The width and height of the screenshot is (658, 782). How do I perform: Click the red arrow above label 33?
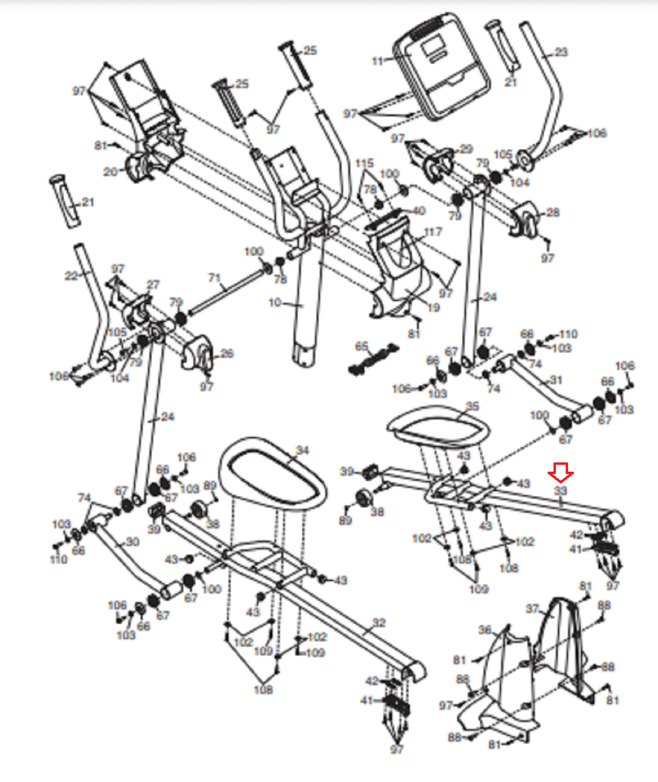[x=560, y=472]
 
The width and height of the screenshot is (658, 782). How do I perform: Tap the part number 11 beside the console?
[x=378, y=61]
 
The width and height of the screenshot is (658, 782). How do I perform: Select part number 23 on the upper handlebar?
[x=561, y=52]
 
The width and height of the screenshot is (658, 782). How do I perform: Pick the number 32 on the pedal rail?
[x=379, y=623]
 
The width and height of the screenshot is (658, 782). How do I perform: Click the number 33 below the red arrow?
[x=560, y=490]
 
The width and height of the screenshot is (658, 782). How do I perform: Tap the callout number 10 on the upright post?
[x=275, y=303]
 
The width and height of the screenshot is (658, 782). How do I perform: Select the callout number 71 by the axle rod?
[x=214, y=278]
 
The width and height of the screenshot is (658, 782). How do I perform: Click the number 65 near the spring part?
[x=361, y=347]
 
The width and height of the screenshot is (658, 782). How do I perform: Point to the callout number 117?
[x=433, y=232]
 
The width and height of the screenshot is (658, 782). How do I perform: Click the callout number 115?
[x=364, y=163]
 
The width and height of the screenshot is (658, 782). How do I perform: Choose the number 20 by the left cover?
[x=110, y=172]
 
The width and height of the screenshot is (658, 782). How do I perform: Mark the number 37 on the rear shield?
[x=532, y=608]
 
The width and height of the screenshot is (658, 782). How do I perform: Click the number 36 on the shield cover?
[x=485, y=630]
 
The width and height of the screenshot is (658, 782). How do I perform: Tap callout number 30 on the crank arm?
[x=132, y=542]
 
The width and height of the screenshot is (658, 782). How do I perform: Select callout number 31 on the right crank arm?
[x=556, y=380]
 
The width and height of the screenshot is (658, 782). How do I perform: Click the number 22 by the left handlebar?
[x=71, y=276]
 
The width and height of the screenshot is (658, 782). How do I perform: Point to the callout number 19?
[x=433, y=307]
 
